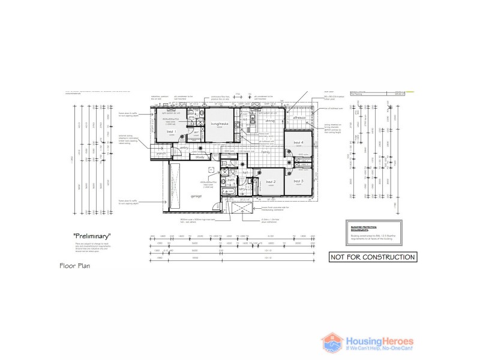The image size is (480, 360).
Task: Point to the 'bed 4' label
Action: [299, 142]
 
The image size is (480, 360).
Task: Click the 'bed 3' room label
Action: [298, 181]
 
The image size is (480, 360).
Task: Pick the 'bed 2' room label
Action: [271, 181]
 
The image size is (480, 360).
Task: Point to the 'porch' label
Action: [161, 153]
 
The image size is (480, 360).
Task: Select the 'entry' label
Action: [184, 147]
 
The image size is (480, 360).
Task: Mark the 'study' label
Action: [200, 157]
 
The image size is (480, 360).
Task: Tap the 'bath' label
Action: [230, 179]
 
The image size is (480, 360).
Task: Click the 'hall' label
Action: [245, 172]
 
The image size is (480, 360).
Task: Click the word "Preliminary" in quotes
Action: [92, 237]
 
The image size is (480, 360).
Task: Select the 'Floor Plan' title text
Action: [74, 265]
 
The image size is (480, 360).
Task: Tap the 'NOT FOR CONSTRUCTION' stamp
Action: [372, 257]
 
